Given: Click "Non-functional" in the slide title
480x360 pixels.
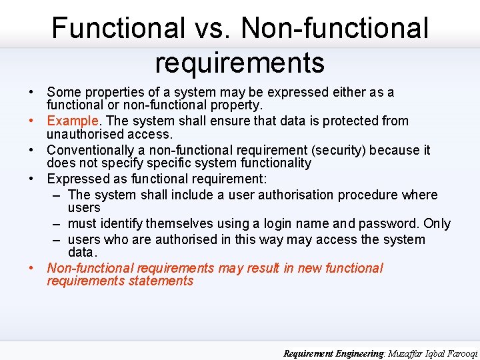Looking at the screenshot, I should coord(335,29).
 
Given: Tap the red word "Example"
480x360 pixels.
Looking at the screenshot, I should coord(73,121).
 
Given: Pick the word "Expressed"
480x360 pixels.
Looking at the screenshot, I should coord(74,179).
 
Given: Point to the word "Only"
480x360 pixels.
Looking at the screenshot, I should coord(437,224).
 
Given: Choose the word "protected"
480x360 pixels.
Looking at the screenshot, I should coord(351,121).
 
